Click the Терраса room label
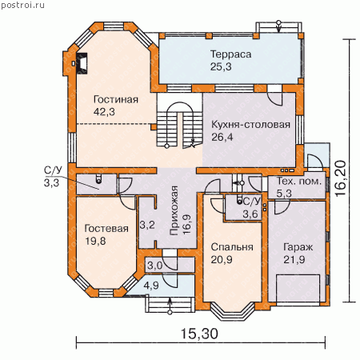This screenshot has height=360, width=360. coord(231,54)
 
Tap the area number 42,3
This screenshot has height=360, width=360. coord(104,112)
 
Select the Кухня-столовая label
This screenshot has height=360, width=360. coord(250,125)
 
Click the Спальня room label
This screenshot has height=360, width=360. coord(232,247)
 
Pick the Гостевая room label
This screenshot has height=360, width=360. coord(106,229)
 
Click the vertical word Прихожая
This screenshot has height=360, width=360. coord(174,210)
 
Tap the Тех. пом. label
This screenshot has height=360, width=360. coord(299,182)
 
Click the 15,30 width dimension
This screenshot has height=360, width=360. coord(199,334)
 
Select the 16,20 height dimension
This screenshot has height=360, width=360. coord(341,178)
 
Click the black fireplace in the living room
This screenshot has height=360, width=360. coord(82,63)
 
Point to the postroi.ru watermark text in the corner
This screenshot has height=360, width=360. coord(22,5)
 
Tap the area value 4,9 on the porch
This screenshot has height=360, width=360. coord(151,286)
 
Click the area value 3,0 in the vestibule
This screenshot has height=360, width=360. coord(155,266)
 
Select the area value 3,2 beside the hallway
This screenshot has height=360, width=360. coord(147,225)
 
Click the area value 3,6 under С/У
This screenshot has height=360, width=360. coord(250,214)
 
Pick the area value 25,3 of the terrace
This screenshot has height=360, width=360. coord(221,66)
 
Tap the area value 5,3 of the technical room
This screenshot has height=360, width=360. coord(284,194)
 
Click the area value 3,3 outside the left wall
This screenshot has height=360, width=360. coord(51,183)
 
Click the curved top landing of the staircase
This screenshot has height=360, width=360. coord(179,103)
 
